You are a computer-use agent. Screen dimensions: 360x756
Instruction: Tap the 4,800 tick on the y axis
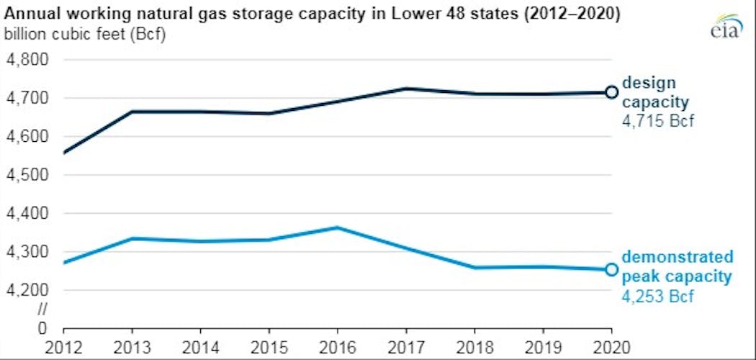point(27,60)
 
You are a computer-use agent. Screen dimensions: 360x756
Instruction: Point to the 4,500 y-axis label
point(27,175)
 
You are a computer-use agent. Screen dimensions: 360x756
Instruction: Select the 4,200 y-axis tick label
point(27,290)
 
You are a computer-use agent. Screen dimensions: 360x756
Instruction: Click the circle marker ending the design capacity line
point(611,92)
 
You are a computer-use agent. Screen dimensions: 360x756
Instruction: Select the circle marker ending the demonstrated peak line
point(611,269)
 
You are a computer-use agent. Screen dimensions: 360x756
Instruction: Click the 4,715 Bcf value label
point(658,121)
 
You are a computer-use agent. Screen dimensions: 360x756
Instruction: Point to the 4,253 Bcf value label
point(658,296)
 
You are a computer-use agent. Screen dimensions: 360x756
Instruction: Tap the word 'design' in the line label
point(649,83)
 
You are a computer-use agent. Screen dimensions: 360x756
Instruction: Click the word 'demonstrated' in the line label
point(678,258)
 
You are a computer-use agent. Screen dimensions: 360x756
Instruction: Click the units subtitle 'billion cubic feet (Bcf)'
point(85,33)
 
